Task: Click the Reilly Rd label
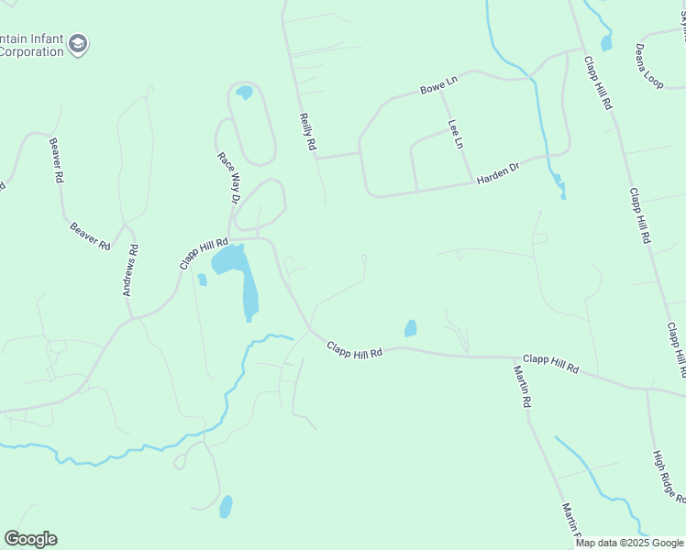point(308,132)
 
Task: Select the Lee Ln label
point(455,134)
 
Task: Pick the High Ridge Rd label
point(668,477)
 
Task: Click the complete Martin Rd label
point(522,388)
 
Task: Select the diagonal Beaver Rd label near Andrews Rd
point(90,234)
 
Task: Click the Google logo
point(30,539)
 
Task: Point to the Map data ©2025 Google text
point(629,543)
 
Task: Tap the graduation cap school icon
point(79,44)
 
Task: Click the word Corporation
point(31,51)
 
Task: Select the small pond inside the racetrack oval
point(244,92)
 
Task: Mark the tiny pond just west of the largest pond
point(202,280)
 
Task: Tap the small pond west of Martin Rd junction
point(410,327)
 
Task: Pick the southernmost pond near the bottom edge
point(226,506)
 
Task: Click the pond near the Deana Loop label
point(605,42)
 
